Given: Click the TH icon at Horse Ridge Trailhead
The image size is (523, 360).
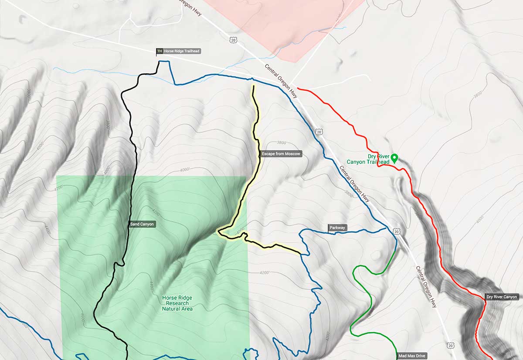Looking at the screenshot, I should [x=159, y=51].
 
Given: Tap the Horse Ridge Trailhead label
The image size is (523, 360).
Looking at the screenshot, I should [x=182, y=51].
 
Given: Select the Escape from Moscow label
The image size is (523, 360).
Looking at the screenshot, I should [x=281, y=154].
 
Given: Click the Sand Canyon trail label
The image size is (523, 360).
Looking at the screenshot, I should [x=143, y=224].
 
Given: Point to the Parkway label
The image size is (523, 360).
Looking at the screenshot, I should [x=337, y=228].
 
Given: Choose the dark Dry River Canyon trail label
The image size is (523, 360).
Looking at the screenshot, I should [x=502, y=297].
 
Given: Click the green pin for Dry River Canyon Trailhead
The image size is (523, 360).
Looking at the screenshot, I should [x=394, y=158].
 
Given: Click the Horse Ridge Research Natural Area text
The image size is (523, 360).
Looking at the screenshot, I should [x=177, y=303].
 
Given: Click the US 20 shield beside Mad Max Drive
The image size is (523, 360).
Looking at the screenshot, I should [x=451, y=346].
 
